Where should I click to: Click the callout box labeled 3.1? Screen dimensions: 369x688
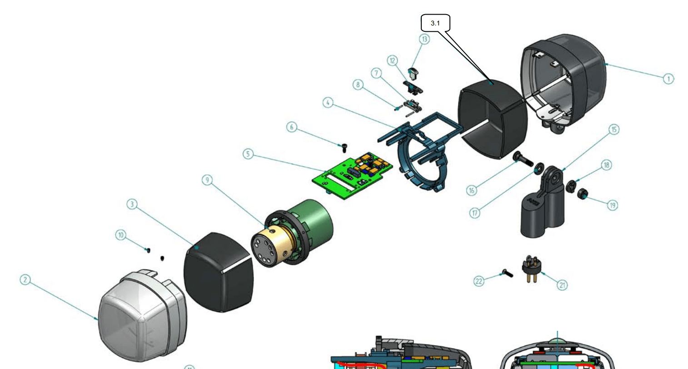pyautogui.click(x=435, y=23)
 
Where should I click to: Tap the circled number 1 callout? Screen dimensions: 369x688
pyautogui.click(x=668, y=79)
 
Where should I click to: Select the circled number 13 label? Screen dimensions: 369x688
pyautogui.click(x=424, y=39)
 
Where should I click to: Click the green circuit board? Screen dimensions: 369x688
pyautogui.click(x=352, y=175)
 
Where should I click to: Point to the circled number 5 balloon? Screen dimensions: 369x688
pyautogui.click(x=248, y=154)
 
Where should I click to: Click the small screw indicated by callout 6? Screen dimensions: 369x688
pyautogui.click(x=344, y=147)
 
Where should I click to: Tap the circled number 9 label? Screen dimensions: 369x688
pyautogui.click(x=207, y=180)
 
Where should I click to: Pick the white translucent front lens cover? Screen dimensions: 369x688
pyautogui.click(x=136, y=316)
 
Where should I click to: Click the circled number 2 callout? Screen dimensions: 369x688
pyautogui.click(x=25, y=279)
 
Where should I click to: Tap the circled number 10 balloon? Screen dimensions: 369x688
pyautogui.click(x=120, y=235)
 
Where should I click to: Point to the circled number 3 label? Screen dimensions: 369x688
pyautogui.click(x=132, y=204)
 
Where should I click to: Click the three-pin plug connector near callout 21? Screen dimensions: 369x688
pyautogui.click(x=530, y=269)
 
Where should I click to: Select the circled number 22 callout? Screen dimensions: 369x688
pyautogui.click(x=479, y=281)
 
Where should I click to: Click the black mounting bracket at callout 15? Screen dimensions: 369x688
pyautogui.click(x=543, y=204)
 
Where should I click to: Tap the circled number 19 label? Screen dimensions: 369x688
pyautogui.click(x=612, y=205)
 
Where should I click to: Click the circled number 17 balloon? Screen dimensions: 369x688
pyautogui.click(x=474, y=213)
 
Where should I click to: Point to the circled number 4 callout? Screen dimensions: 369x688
pyautogui.click(x=328, y=103)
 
